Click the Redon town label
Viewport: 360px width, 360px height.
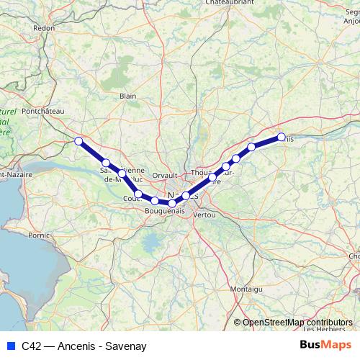pos(44,28)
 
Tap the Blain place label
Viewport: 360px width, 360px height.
pos(128,96)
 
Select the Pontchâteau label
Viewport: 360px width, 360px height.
pos(44,111)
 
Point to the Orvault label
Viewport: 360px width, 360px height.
pos(165,175)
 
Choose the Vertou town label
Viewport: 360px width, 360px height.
pos(204,215)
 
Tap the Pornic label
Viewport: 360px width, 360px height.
pos(39,235)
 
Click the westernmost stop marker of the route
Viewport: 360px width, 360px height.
pos(78,141)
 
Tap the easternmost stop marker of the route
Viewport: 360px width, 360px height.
pos(282,136)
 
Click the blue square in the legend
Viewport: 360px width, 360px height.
pos(10,346)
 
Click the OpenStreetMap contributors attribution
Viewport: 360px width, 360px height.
pos(297,323)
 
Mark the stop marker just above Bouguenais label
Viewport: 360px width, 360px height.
pos(172,204)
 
